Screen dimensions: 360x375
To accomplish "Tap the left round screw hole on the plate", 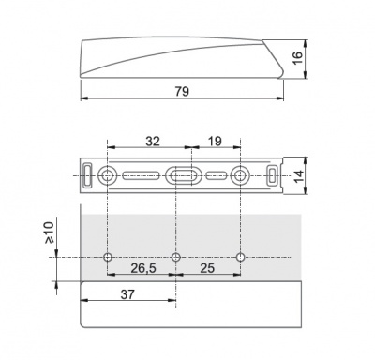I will (109, 175).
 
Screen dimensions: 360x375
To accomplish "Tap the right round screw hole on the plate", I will (241, 175).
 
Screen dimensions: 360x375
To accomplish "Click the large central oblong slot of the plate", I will (182, 175).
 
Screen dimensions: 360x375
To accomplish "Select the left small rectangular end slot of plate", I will (87, 175).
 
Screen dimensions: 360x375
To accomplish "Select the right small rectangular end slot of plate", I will (273, 175).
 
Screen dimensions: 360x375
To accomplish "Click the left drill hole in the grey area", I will (109, 257).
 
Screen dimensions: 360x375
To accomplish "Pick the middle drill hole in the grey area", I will (176, 257).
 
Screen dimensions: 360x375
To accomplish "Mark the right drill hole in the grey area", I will (241, 257).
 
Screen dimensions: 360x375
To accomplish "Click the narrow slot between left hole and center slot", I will (142, 175).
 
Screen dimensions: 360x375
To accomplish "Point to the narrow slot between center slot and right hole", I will (216, 175).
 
